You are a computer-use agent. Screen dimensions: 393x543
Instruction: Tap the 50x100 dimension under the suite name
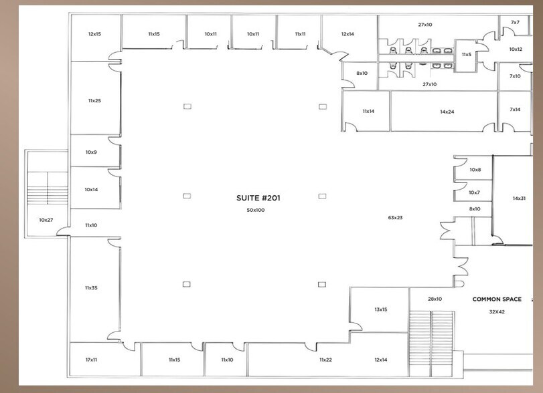[x=255, y=211]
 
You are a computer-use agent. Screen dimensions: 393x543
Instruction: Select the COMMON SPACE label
[x=497, y=299]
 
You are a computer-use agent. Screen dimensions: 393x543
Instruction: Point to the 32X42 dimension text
[x=497, y=311]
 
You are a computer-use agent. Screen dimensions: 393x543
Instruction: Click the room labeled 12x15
[x=94, y=33]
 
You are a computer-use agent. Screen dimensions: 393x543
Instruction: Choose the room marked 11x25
[x=94, y=100]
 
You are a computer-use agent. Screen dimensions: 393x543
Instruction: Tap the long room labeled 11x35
[x=92, y=287]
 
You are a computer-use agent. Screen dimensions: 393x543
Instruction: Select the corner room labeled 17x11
[x=92, y=360]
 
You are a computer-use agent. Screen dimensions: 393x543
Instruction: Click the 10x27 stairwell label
[x=46, y=219]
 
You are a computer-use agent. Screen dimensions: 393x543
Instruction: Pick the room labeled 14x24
[x=447, y=112]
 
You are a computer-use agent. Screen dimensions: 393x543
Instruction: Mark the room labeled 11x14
[x=368, y=111]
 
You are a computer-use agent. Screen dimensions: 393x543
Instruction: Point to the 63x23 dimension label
[x=395, y=217]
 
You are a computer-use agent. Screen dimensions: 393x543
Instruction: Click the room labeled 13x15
[x=381, y=309]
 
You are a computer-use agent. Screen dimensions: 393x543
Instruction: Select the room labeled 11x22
[x=325, y=360]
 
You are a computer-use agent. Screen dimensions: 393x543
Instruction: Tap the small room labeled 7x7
[x=515, y=23]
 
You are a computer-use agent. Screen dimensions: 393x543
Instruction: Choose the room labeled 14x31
[x=519, y=198]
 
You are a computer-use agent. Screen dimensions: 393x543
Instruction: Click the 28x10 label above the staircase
[x=435, y=299]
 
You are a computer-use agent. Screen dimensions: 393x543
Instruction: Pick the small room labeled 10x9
[x=91, y=152]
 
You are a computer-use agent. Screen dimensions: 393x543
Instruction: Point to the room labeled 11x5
[x=466, y=54]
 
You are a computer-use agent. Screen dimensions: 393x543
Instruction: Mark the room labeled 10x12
[x=516, y=49]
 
